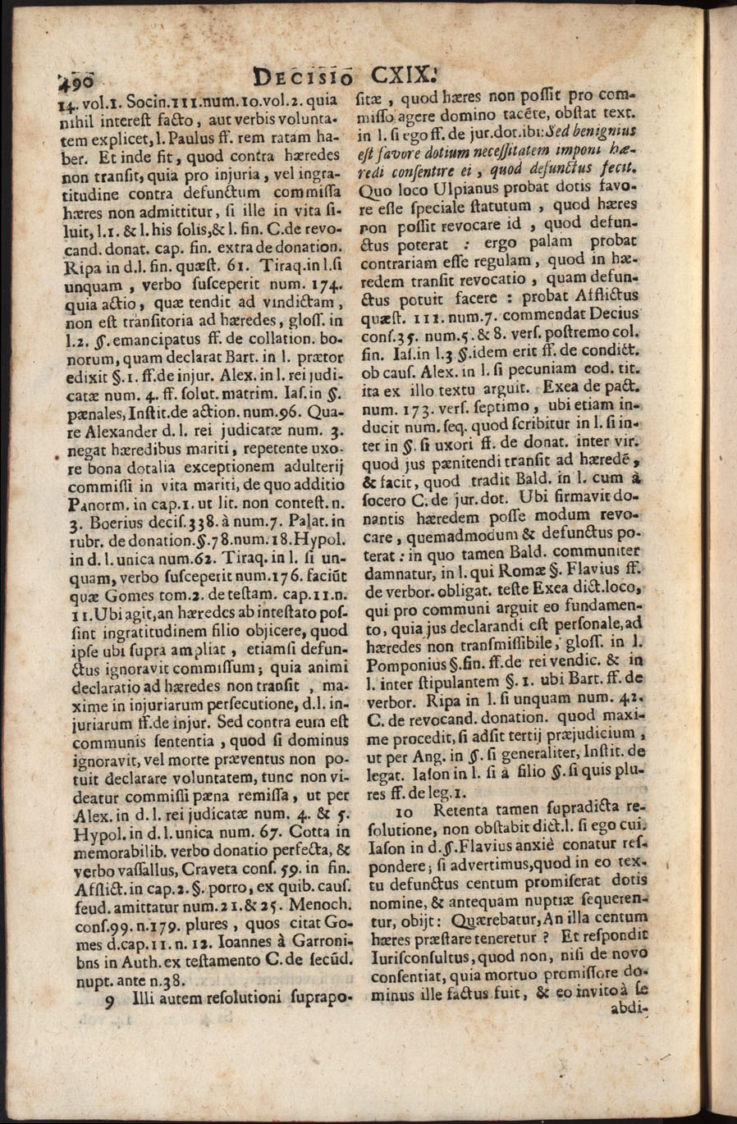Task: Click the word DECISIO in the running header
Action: point(304,79)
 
